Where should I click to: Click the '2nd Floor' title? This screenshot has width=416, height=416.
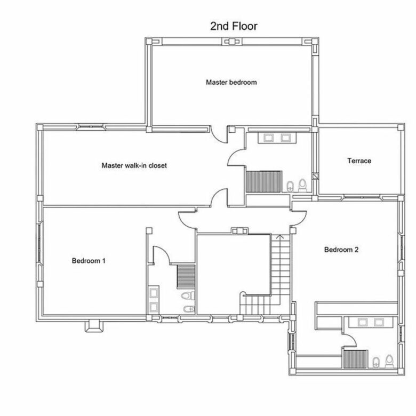click(x=234, y=26)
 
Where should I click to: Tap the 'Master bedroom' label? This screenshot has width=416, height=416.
click(x=231, y=82)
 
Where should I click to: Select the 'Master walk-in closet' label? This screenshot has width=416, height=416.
click(x=134, y=165)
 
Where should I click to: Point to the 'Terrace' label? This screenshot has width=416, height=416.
click(x=359, y=161)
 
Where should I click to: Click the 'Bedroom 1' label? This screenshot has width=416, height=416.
click(x=89, y=260)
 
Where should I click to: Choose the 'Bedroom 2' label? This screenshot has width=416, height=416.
click(x=341, y=250)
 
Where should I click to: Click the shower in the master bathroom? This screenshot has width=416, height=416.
click(x=263, y=181)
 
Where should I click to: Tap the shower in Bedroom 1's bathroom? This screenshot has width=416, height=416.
click(x=186, y=276)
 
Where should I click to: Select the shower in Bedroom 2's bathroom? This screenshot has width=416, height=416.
click(x=356, y=359)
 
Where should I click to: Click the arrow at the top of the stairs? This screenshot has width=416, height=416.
click(x=279, y=237)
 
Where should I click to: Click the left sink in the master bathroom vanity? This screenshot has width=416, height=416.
click(x=268, y=138)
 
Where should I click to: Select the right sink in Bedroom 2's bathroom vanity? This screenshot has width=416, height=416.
click(x=378, y=322)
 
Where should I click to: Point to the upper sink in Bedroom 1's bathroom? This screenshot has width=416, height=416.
click(x=154, y=293)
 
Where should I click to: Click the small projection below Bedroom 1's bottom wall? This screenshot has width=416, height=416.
click(x=94, y=326)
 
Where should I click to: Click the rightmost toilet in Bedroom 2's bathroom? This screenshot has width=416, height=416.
click(x=389, y=362)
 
